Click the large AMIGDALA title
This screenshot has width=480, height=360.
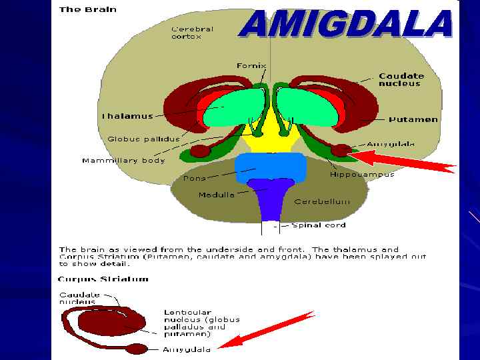(346, 25)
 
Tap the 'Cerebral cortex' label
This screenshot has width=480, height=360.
(193, 33)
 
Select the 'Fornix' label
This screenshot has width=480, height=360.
(251, 66)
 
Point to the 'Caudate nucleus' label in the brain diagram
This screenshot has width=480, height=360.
(400, 80)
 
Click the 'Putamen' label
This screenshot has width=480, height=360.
(413, 119)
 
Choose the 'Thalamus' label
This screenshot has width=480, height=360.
(127, 116)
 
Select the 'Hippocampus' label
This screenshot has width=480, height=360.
(362, 175)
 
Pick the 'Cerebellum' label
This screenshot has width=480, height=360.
(322, 201)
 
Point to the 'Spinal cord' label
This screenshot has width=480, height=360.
(319, 225)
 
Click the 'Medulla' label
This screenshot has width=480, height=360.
(216, 195)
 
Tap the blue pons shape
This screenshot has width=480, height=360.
(270, 167)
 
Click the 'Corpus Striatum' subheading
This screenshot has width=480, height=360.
(104, 279)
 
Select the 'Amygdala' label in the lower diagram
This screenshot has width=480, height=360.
(187, 349)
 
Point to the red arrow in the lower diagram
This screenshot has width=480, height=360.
(267, 329)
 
